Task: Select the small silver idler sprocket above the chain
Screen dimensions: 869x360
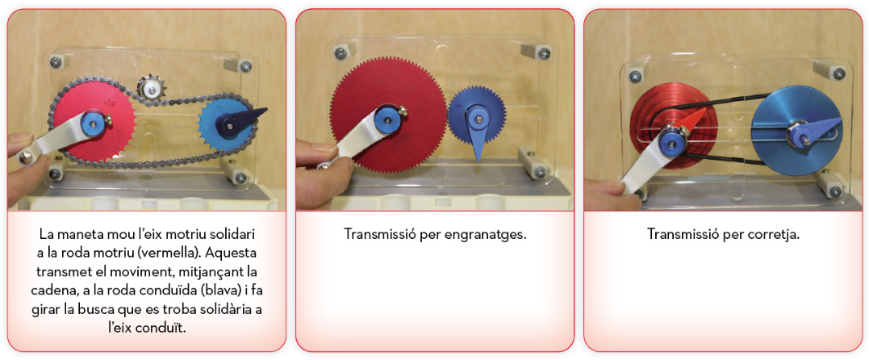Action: [x=148, y=87]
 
